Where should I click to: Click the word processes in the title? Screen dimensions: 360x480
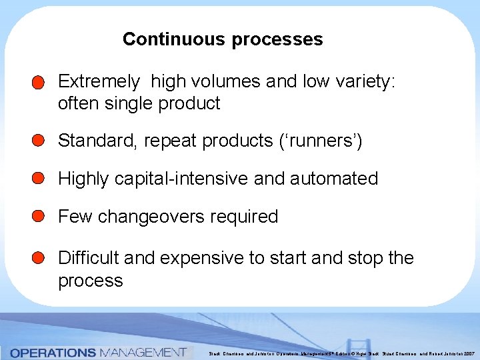pos(277,39)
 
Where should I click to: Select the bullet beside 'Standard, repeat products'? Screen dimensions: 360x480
pos(38,141)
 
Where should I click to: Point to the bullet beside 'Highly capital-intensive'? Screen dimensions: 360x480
pos(38,179)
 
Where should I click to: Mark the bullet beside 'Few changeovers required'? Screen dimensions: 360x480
pos(38,217)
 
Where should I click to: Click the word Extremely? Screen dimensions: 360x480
pos(99,82)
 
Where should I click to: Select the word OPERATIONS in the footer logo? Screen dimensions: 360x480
pos(54,352)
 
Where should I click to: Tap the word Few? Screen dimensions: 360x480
pos(75,217)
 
